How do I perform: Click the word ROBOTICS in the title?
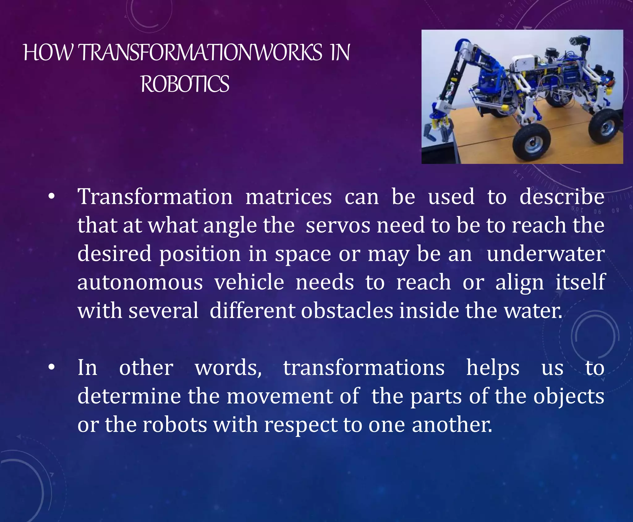coord(185,84)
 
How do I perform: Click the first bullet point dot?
coord(52,197)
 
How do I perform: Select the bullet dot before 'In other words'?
coord(52,367)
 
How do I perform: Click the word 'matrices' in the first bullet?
coord(288,197)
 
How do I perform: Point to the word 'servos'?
coord(338,225)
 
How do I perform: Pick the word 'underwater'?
coord(546,254)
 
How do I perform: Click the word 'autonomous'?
coord(140,282)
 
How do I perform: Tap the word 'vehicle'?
coord(249,282)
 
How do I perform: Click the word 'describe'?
coord(562,197)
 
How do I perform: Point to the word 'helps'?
coord(493,368)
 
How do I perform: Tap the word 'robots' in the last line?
coord(175,425)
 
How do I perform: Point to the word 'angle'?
coord(230,226)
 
